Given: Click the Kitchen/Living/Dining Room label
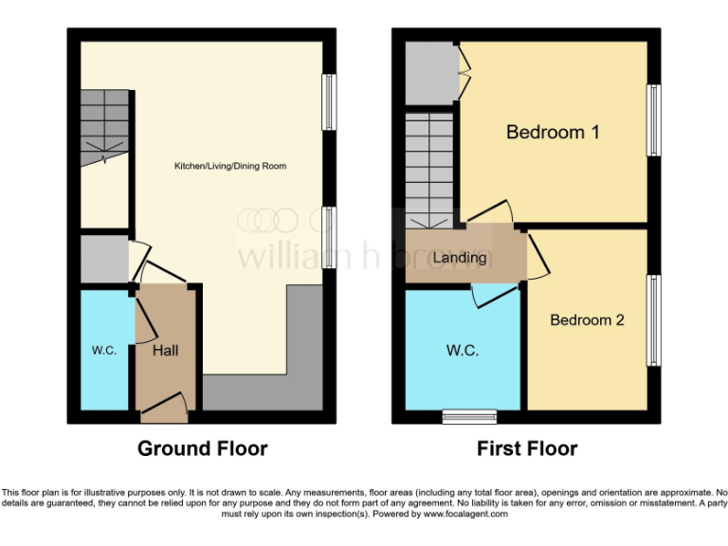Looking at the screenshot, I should click(x=229, y=166).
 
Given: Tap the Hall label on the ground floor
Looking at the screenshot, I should click(x=166, y=350).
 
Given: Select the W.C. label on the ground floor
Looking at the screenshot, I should click(x=104, y=350).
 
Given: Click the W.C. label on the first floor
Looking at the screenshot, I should click(x=463, y=350).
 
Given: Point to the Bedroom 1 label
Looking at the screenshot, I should click(x=553, y=132).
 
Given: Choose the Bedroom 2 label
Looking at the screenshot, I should click(x=587, y=319).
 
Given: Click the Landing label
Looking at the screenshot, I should click(x=460, y=257).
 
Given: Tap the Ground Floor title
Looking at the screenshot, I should click(x=203, y=448).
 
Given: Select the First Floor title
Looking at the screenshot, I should click(x=527, y=448).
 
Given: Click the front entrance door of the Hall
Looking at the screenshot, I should click(x=164, y=413).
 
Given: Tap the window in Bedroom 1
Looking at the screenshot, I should click(x=654, y=120).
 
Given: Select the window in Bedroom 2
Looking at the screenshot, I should click(x=654, y=320).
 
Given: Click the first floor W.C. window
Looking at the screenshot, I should click(x=470, y=416).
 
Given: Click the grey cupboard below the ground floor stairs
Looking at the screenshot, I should click(x=103, y=259).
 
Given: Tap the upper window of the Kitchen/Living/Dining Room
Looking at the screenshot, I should click(x=328, y=101).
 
